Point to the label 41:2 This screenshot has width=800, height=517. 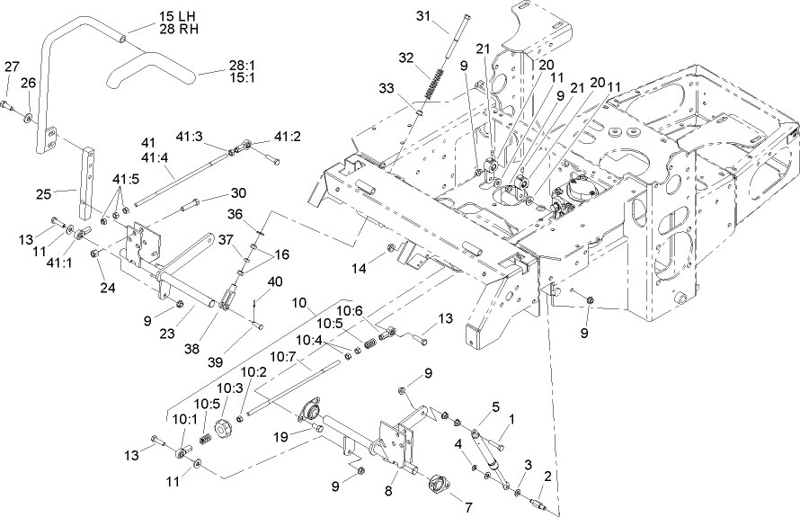click(x=288, y=137)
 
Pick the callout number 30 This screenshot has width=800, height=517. click(x=237, y=192)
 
